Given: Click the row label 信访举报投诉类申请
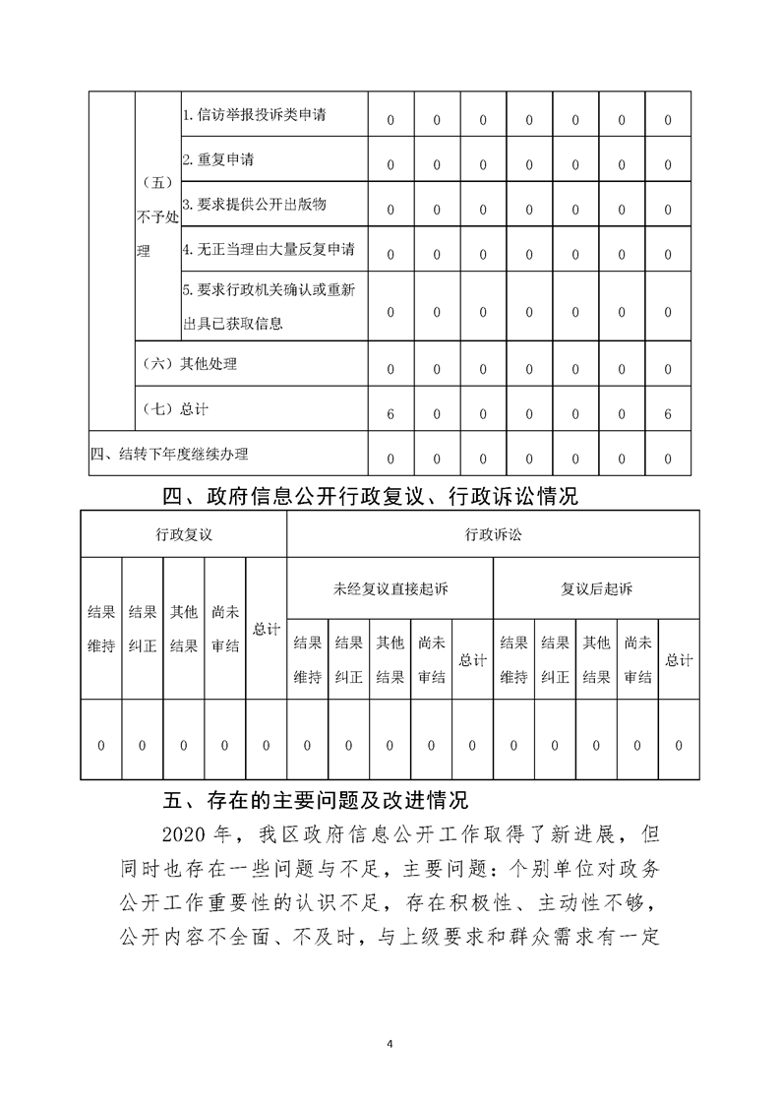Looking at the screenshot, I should (x=255, y=115).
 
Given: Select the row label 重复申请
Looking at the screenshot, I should (x=218, y=160).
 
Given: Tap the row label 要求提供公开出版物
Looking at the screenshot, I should (x=255, y=205).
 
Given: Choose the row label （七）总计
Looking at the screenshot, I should (x=176, y=408).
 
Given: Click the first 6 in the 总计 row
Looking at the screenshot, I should (x=390, y=414).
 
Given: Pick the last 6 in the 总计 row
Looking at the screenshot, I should (x=668, y=414).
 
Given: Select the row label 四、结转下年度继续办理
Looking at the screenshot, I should (x=169, y=454).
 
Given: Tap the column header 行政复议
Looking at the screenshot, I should (x=184, y=534).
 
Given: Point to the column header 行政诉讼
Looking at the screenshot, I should (x=493, y=534).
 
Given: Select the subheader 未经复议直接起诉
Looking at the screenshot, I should (x=390, y=589).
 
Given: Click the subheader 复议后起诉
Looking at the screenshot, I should (x=596, y=589).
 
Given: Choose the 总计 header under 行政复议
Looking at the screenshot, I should (x=266, y=630).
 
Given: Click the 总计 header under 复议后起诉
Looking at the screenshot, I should (x=679, y=659).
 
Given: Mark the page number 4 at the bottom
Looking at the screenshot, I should (x=390, y=1042).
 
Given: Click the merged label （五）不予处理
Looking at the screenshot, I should (x=157, y=216).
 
